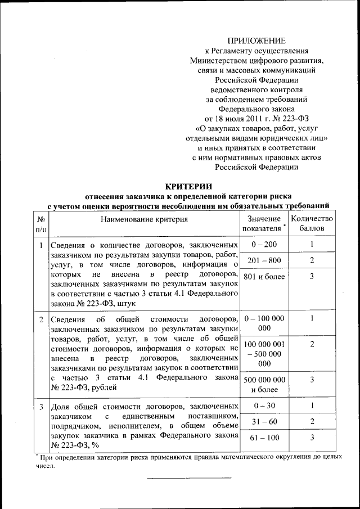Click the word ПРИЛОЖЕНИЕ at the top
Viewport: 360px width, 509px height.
tap(256, 40)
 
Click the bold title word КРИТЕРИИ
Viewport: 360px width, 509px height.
tap(188, 186)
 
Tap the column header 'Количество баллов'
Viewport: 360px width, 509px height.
tap(312, 224)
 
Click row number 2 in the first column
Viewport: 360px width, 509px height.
tap(42, 319)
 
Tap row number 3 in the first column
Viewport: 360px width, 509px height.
tap(42, 406)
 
